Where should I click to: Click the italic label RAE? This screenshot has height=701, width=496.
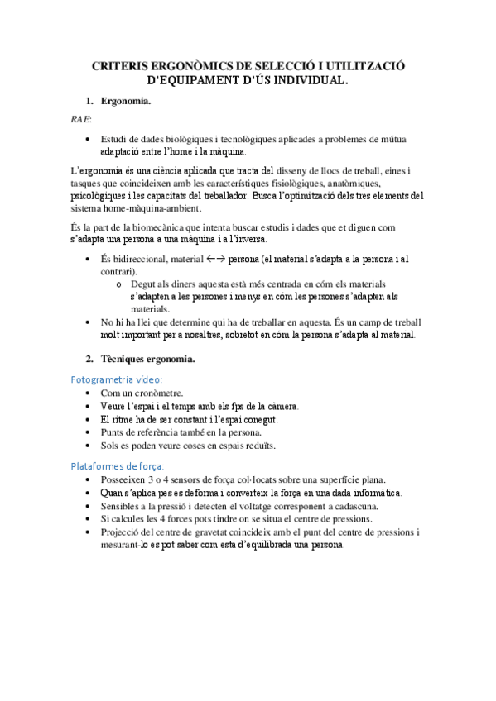(x=80, y=120)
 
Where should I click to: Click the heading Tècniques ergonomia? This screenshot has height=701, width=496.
(x=147, y=359)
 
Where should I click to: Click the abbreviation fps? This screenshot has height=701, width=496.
(x=243, y=406)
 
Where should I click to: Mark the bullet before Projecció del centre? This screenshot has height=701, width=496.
(x=89, y=532)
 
